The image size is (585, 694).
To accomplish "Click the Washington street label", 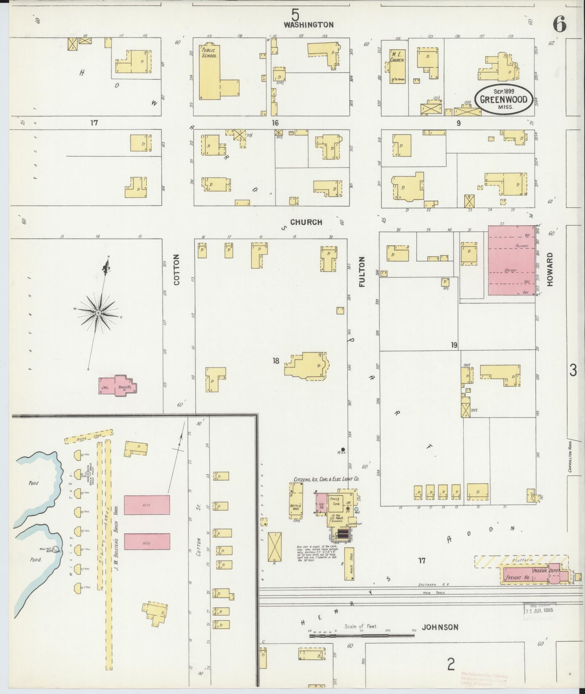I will (308, 25).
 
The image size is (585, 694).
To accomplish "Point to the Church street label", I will (306, 222).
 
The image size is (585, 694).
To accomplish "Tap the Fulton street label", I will (362, 272).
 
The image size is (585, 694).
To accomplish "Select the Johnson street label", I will (440, 627).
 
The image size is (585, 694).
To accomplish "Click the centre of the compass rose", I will (98, 313).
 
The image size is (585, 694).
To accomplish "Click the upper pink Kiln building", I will (147, 505).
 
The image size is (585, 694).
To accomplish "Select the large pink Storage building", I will (511, 260).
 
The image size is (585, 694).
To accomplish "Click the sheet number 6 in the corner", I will (559, 24).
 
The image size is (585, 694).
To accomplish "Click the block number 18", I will (276, 361).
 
